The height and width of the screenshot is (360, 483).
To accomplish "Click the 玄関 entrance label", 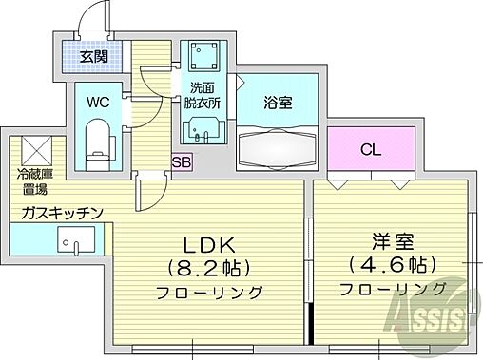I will coord(93,57).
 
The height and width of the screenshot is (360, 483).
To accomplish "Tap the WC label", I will coord(98,99).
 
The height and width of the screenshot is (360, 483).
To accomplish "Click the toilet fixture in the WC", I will coord(98,139).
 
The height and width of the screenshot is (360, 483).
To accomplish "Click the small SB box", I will coord(181,162).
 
